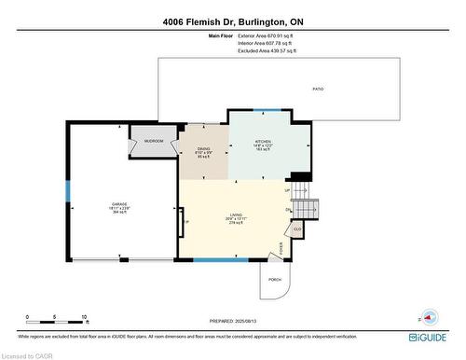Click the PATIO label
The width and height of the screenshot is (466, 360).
(x=317, y=89)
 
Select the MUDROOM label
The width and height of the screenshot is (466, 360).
(x=155, y=141)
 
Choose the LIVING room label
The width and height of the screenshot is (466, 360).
(x=235, y=219)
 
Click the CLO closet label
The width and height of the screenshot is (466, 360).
(x=297, y=228)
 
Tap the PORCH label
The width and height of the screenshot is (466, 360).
(x=275, y=279)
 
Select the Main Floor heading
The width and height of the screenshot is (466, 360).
(x=221, y=35)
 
